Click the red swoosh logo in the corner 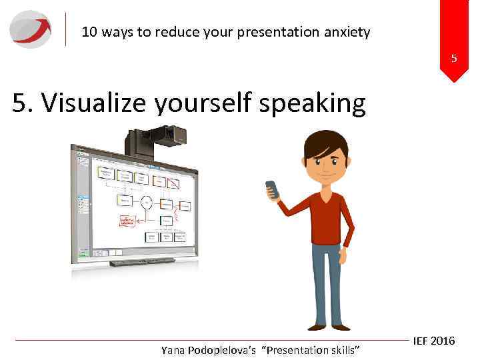(x=31, y=29)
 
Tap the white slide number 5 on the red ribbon (x=454, y=59)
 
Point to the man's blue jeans (x=327, y=283)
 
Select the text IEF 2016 (x=433, y=341)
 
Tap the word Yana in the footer (x=175, y=350)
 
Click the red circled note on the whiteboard (x=127, y=221)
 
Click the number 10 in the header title (x=89, y=31)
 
